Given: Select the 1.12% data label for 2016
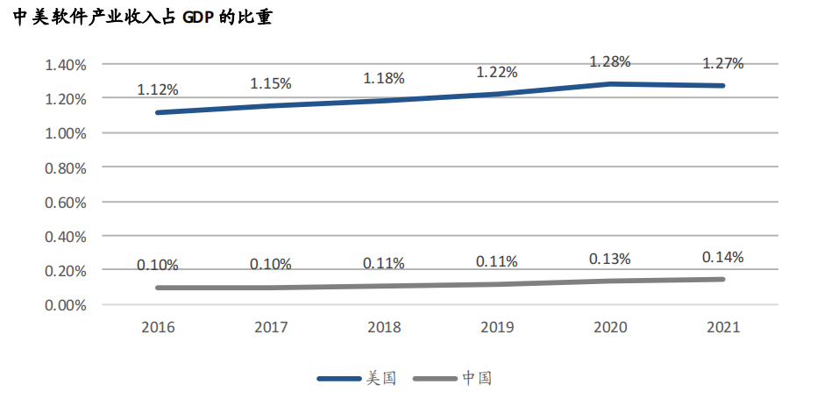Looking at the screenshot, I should [x=158, y=89].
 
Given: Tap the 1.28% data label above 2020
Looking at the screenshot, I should [x=610, y=62].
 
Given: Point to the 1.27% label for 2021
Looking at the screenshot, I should [x=723, y=63].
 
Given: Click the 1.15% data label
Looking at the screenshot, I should [x=271, y=83].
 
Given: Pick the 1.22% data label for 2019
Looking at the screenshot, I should [x=497, y=72].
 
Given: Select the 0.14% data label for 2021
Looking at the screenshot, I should [x=723, y=257].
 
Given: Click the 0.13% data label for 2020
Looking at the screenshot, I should [x=610, y=260].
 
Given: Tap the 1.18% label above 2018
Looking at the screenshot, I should [x=384, y=78].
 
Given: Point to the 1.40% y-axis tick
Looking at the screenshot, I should [x=65, y=65].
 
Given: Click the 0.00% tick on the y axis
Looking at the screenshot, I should [x=65, y=305].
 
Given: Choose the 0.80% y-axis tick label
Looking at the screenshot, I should [x=65, y=167].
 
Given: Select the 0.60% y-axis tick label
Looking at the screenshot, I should [x=65, y=203].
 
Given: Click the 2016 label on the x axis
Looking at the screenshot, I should [x=158, y=327].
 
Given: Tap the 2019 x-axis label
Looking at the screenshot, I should [x=497, y=327].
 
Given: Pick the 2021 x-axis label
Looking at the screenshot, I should [x=723, y=327].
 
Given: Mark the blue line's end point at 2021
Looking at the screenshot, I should [x=723, y=85].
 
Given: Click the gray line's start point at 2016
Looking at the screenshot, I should [x=158, y=288].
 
